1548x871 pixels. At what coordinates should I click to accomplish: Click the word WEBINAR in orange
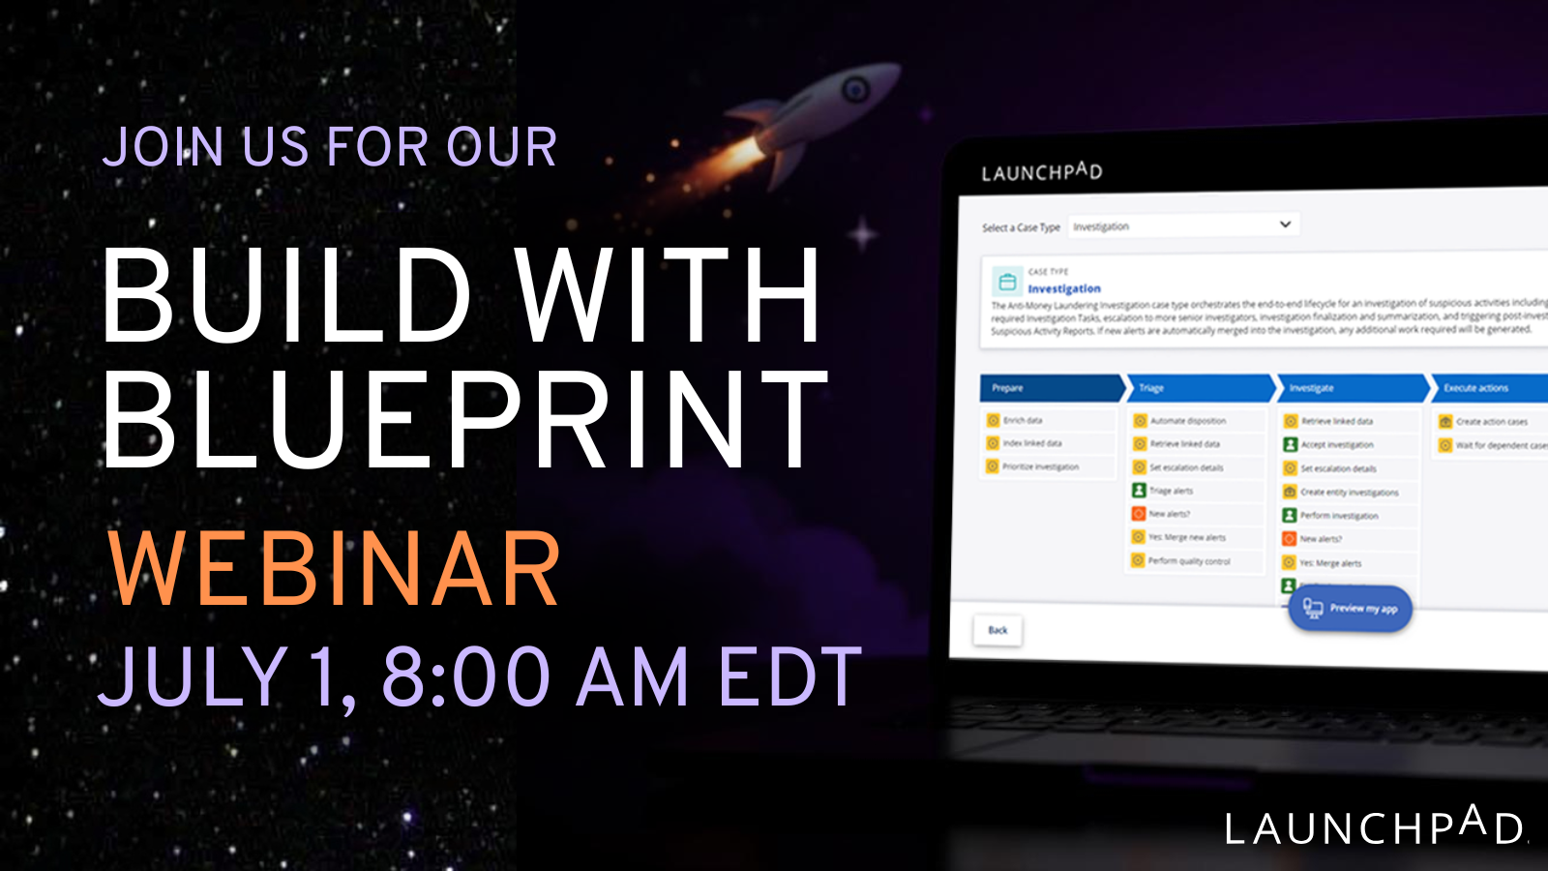coord(334,571)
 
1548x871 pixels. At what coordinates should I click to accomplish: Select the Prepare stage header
coord(1050,388)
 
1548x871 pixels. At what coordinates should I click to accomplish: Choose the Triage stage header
coord(1200,388)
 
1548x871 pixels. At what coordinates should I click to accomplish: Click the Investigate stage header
coord(1350,388)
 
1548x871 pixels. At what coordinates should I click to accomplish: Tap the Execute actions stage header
coord(1485,388)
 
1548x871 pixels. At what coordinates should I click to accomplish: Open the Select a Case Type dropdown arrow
coord(1285,225)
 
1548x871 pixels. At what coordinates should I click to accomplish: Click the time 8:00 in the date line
coord(467,676)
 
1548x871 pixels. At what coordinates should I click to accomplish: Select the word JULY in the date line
coord(193,676)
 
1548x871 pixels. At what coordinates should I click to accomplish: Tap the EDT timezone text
coord(789,676)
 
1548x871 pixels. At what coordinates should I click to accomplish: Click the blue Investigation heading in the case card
coord(1064,288)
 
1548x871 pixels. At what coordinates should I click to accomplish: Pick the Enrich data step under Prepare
coord(1022,420)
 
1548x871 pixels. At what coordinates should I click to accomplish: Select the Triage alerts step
coord(1171,491)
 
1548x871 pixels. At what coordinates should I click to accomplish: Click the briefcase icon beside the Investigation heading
coord(1007,283)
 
